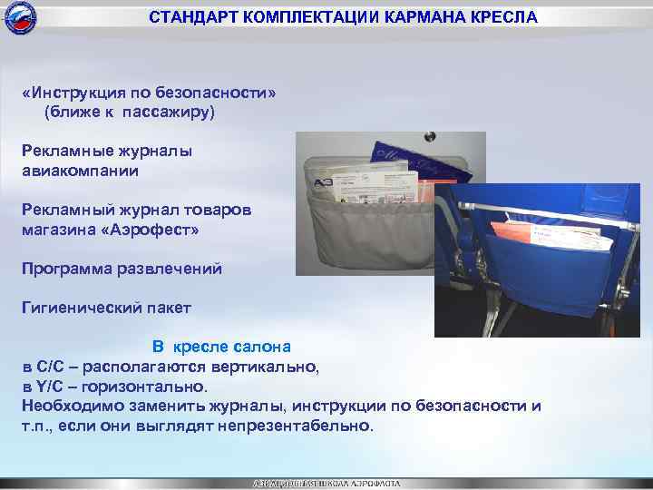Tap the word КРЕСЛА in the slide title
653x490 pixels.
[x=498, y=17]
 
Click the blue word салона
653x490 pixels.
[x=260, y=347]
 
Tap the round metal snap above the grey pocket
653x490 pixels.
[x=430, y=138]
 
